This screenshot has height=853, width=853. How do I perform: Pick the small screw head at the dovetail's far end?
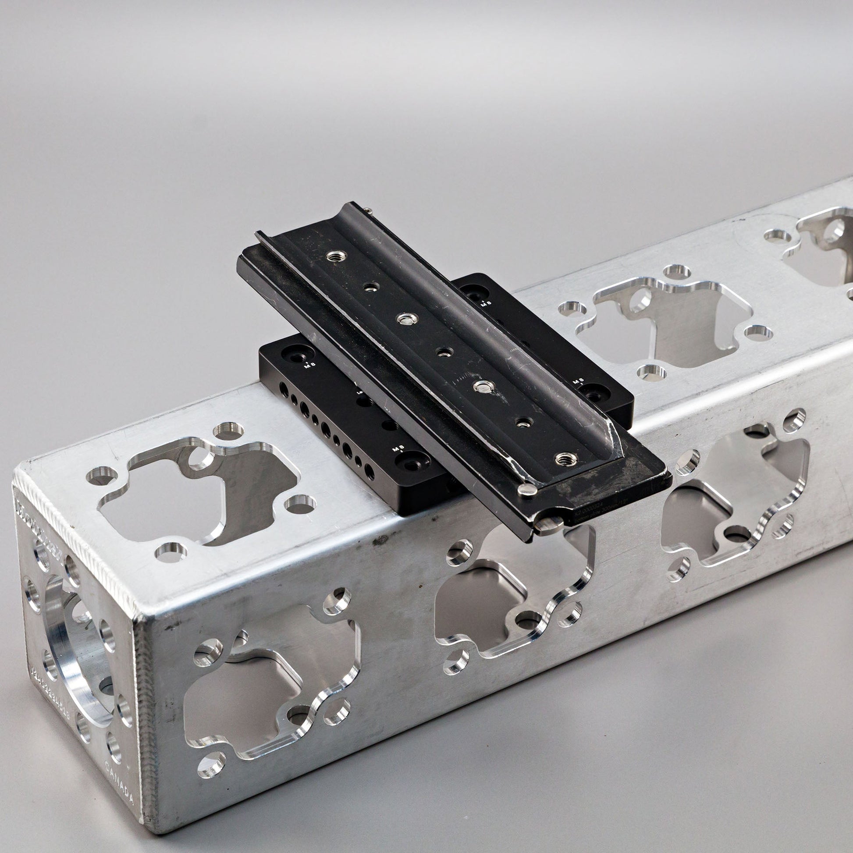coord(367,211)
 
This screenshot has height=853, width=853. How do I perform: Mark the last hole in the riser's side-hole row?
coord(370,475)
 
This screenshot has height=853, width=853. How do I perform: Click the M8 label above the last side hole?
coord(399,449)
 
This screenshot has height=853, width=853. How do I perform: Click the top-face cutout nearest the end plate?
coord(199,490)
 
